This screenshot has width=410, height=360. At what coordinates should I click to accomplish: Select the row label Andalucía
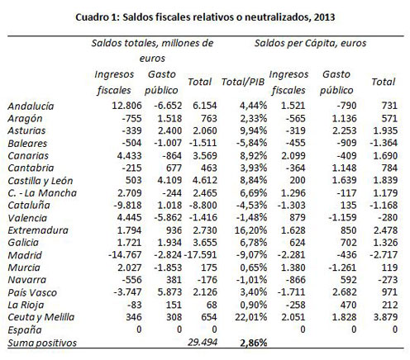click(31, 106)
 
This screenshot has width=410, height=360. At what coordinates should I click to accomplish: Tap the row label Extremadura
click(38, 230)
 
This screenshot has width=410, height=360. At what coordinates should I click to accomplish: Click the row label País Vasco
click(32, 292)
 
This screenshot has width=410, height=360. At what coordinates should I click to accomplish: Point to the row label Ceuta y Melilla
click(41, 317)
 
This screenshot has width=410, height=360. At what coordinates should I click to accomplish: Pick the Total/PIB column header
click(243, 82)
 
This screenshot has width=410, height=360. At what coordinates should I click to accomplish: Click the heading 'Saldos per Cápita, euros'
click(310, 43)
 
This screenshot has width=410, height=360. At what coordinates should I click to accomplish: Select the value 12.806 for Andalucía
click(126, 106)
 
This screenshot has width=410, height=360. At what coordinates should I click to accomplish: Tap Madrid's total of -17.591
click(200, 254)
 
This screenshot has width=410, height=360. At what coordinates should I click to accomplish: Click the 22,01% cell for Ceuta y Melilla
click(250, 317)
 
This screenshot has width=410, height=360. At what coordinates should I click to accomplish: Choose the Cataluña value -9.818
click(127, 205)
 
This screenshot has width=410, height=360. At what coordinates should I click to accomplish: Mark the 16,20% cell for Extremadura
click(250, 230)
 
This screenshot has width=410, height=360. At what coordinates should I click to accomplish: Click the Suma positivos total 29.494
click(203, 342)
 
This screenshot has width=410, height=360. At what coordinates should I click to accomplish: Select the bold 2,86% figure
click(253, 343)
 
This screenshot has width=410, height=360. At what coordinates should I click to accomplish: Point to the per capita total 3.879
click(385, 317)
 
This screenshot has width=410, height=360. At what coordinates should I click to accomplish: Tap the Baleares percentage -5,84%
click(251, 143)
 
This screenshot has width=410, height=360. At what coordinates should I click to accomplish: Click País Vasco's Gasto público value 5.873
click(169, 291)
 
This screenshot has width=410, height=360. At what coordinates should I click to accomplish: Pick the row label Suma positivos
click(42, 343)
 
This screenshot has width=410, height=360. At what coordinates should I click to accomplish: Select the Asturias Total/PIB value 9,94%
click(253, 130)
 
